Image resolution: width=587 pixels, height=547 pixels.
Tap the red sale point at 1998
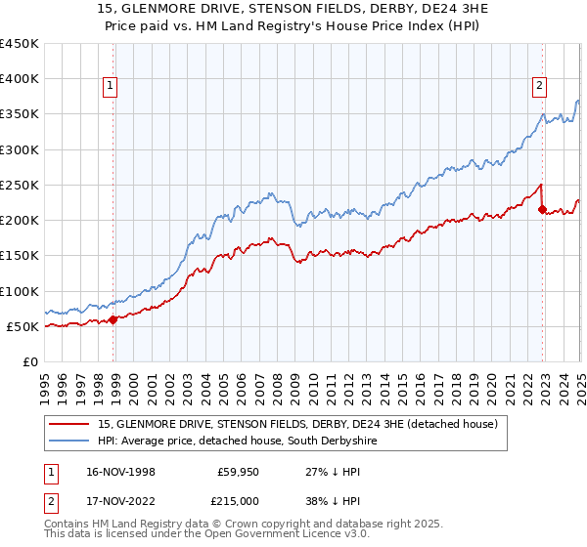click(113, 318)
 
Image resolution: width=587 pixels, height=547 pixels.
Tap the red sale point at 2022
click(542, 209)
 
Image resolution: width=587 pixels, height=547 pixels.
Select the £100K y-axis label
click(20, 291)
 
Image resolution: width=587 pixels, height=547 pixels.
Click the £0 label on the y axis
click(29, 361)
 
